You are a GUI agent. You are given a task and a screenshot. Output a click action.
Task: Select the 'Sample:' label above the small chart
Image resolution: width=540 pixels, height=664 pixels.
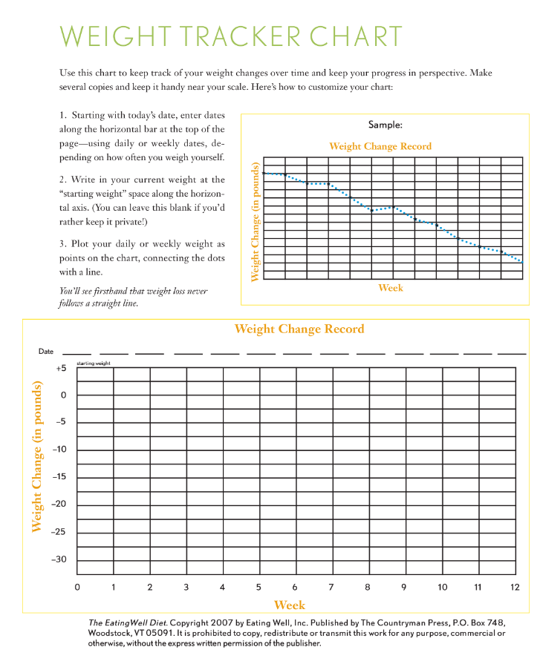[x=385, y=125]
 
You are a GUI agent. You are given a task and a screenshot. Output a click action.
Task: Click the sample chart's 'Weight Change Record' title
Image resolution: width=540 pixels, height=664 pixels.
[x=380, y=146]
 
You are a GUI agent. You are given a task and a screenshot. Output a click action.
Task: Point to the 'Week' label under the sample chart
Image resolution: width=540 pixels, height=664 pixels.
[x=391, y=287]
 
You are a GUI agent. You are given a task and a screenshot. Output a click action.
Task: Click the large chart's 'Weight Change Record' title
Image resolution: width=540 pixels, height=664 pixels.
[x=299, y=329]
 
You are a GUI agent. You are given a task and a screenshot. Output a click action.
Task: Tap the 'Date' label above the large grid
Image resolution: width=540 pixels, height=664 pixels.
[x=46, y=351]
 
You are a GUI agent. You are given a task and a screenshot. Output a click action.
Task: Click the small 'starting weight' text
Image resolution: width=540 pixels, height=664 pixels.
[x=94, y=364]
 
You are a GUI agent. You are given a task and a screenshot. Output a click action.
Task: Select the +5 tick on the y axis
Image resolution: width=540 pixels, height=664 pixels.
[x=61, y=368]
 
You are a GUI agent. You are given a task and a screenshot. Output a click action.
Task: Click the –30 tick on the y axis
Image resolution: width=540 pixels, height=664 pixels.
[x=59, y=559]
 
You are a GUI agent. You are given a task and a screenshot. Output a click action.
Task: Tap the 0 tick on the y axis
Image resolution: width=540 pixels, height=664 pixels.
[x=64, y=395]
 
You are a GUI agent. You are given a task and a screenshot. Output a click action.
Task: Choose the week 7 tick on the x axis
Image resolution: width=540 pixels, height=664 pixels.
[x=331, y=587]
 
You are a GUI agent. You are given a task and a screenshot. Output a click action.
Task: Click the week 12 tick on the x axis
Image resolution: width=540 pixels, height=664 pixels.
[x=515, y=587]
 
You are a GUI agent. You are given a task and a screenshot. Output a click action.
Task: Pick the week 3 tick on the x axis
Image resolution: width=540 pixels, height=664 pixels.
[x=186, y=587]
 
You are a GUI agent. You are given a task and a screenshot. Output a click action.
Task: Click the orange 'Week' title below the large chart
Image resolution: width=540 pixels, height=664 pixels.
[x=290, y=605]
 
